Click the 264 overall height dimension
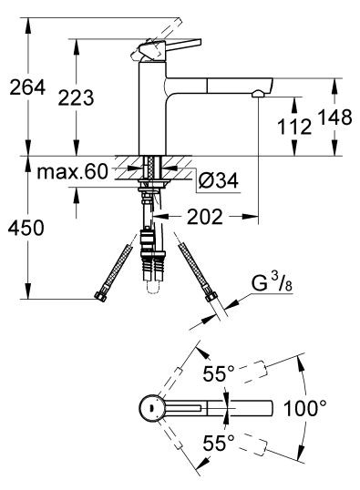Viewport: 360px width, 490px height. click(x=25, y=88)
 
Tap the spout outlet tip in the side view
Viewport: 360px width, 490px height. click(x=260, y=92)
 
